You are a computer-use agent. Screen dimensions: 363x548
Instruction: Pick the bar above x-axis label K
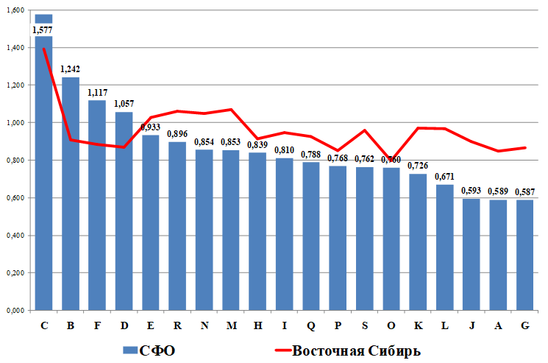pyautogui.click(x=418, y=243)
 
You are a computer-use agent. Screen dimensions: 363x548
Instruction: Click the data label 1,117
pyautogui.click(x=97, y=93)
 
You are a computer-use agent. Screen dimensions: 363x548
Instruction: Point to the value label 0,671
pyautogui.click(x=444, y=177)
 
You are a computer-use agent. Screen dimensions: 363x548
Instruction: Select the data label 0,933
pyautogui.click(x=151, y=127)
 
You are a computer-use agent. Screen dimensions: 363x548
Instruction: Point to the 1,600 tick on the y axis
pyautogui.click(x=15, y=10)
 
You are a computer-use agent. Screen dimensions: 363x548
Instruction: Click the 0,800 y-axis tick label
pyautogui.click(x=15, y=160)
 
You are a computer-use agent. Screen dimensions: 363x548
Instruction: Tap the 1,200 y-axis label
pyautogui.click(x=15, y=85)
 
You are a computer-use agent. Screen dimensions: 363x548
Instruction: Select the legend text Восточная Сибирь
pyautogui.click(x=357, y=350)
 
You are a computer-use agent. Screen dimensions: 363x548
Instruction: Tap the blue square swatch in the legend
pyautogui.click(x=129, y=350)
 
